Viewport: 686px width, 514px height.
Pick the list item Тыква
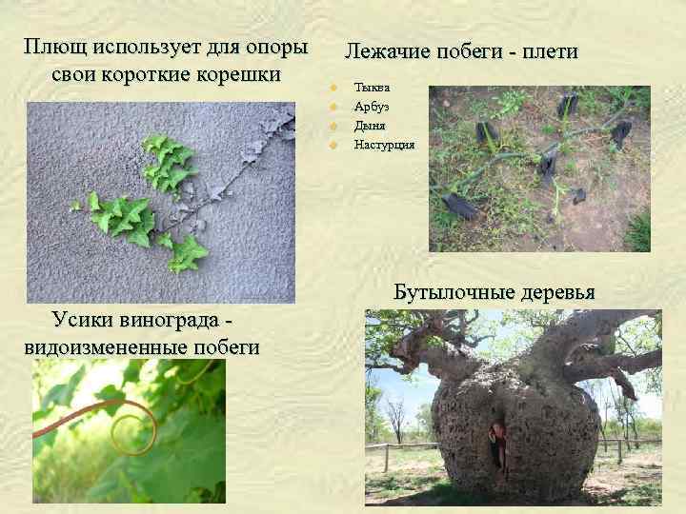click(x=371, y=88)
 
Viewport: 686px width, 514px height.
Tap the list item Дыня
click(x=369, y=126)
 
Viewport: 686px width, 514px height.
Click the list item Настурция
click(x=384, y=145)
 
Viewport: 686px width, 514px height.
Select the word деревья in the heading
click(x=561, y=292)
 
